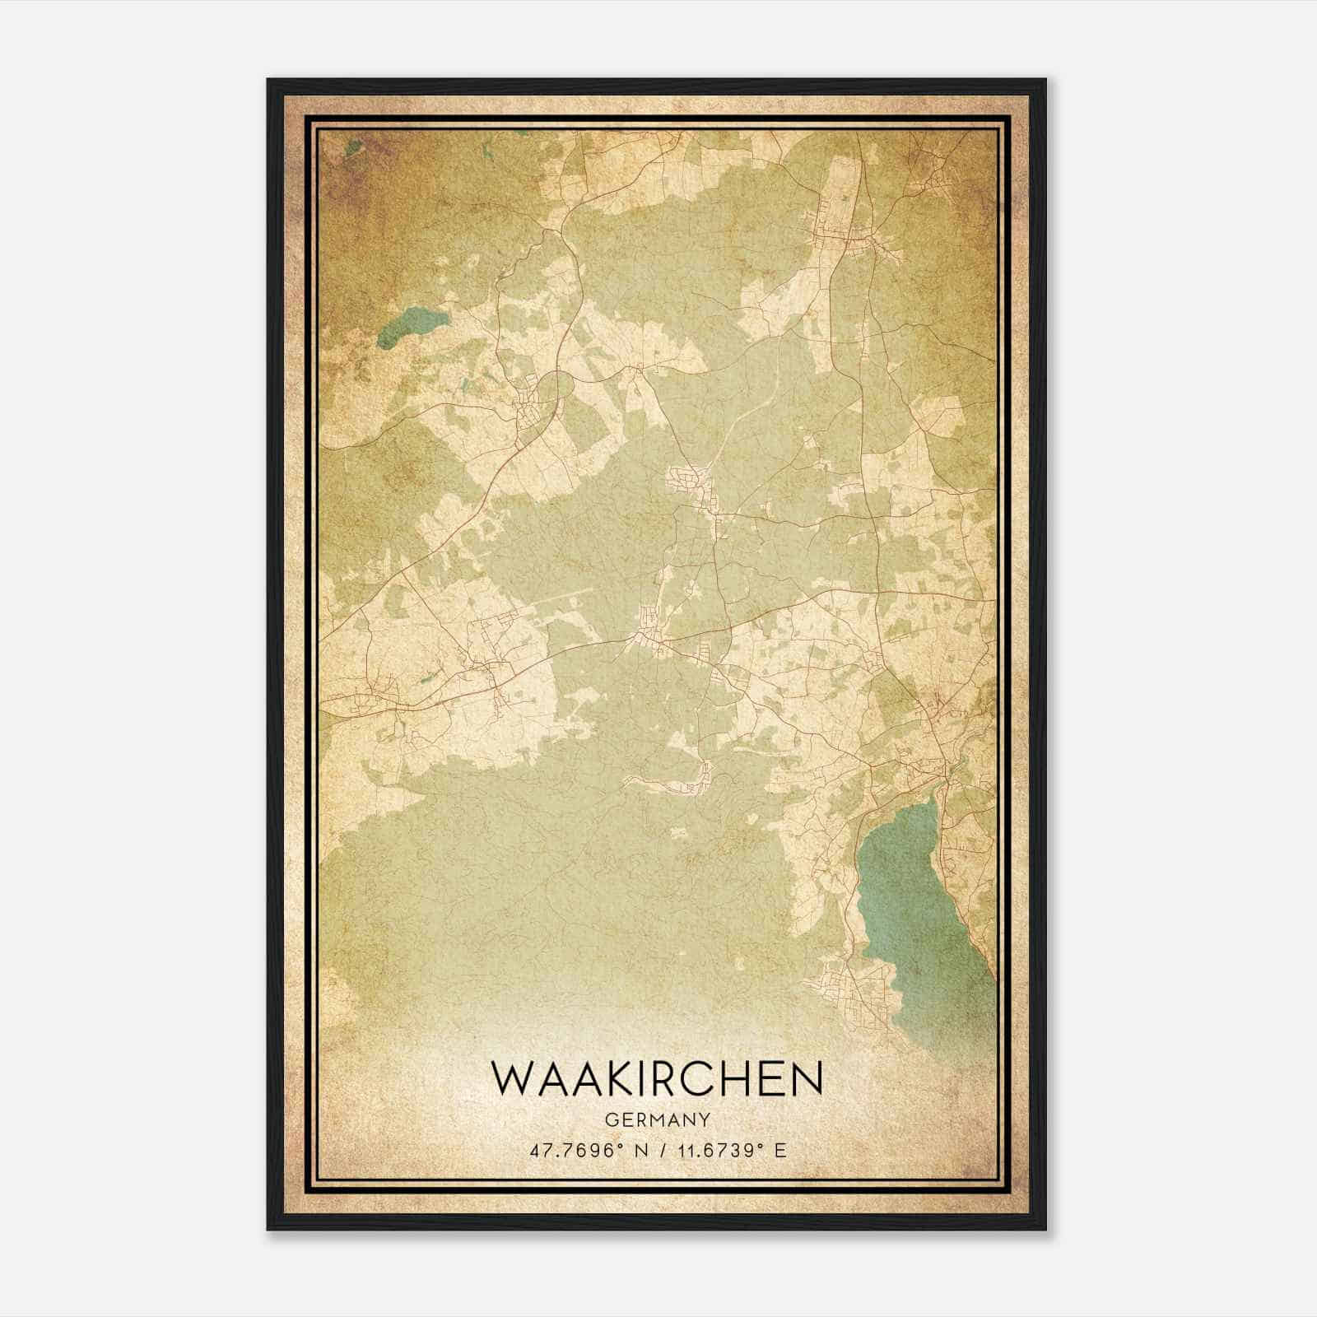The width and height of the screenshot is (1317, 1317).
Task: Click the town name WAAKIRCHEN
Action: click(657, 1079)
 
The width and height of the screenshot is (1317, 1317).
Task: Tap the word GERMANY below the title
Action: click(657, 1119)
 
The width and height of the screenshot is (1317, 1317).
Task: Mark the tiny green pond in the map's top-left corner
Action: click(352, 148)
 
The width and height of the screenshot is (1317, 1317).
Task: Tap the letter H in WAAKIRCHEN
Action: click(746, 1079)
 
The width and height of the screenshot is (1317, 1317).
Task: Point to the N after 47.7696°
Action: click(634, 1150)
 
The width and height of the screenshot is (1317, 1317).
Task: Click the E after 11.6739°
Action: click(781, 1150)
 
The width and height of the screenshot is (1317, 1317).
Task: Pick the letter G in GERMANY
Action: click(611, 1119)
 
